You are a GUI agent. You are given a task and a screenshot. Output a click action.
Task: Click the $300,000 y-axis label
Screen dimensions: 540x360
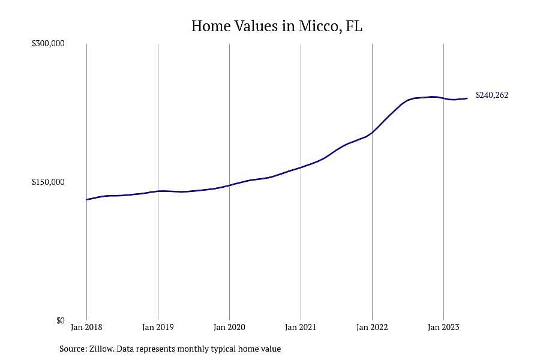click(48, 44)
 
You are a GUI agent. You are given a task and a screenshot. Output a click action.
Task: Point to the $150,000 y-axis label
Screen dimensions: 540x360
click(48, 182)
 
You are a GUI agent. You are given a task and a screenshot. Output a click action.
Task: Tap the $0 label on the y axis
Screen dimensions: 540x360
click(60, 320)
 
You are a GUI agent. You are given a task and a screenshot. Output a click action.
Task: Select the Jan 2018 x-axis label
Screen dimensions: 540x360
click(86, 327)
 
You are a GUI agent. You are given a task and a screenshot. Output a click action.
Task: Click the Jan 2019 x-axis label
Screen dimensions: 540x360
click(158, 327)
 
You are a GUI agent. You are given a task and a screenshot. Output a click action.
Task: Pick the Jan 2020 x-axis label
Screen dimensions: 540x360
click(229, 327)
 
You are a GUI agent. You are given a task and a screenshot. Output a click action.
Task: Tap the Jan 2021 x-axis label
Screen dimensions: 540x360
click(301, 327)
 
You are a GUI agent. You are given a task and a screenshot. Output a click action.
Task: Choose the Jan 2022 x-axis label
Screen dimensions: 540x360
click(372, 327)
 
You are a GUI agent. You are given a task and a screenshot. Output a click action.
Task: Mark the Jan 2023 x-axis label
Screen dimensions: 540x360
click(443, 327)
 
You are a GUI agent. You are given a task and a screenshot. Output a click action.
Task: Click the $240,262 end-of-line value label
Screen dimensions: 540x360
click(492, 95)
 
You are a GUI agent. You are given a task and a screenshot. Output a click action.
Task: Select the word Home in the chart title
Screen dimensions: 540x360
click(211, 26)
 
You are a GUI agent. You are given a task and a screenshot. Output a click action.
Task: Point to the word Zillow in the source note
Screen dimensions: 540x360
click(101, 349)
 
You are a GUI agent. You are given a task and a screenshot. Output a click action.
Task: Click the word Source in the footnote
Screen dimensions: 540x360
click(73, 349)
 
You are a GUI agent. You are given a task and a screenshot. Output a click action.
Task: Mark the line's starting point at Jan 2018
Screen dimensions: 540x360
click(86, 199)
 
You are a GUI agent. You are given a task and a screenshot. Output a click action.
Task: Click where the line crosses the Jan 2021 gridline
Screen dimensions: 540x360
click(301, 167)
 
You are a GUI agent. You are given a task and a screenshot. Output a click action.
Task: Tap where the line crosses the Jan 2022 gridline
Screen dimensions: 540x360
click(372, 132)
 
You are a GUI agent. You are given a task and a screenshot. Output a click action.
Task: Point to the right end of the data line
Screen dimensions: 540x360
click(467, 98)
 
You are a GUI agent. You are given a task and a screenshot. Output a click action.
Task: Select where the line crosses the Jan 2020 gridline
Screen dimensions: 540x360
click(229, 185)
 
